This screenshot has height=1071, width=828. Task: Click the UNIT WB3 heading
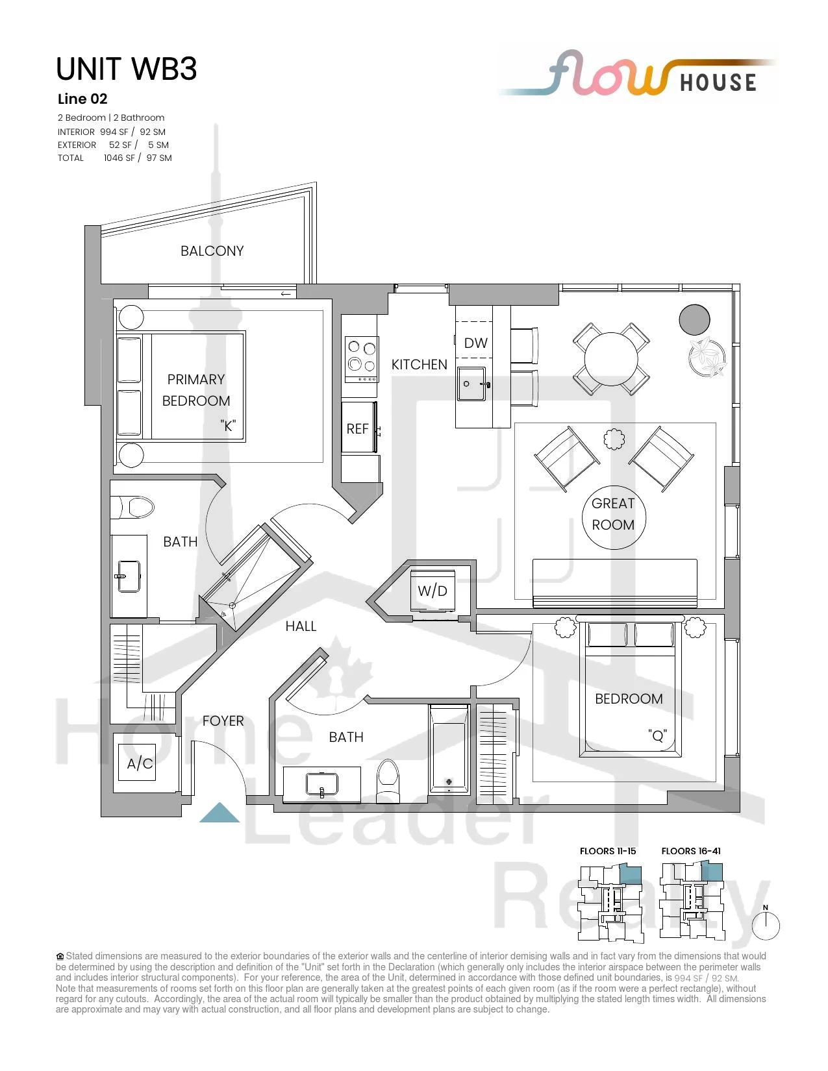(126, 69)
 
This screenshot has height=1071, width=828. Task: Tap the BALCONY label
(212, 251)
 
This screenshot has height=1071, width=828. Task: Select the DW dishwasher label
(475, 343)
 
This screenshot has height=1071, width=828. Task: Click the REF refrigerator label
(357, 429)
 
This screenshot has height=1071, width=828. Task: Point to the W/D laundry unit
(433, 591)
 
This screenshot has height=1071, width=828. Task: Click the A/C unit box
(140, 763)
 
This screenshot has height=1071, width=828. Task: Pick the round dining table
(611, 360)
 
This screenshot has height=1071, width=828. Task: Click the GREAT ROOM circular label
(613, 514)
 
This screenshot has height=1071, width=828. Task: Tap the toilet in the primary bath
(132, 508)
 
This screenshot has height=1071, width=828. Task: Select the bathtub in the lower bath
(448, 749)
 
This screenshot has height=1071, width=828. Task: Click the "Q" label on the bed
(658, 736)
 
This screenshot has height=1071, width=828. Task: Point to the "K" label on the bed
(228, 426)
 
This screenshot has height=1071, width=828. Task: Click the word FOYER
(223, 721)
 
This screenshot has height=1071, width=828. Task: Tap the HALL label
(301, 626)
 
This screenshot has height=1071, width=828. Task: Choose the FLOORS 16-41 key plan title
(691, 851)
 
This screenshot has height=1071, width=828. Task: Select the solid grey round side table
(694, 319)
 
